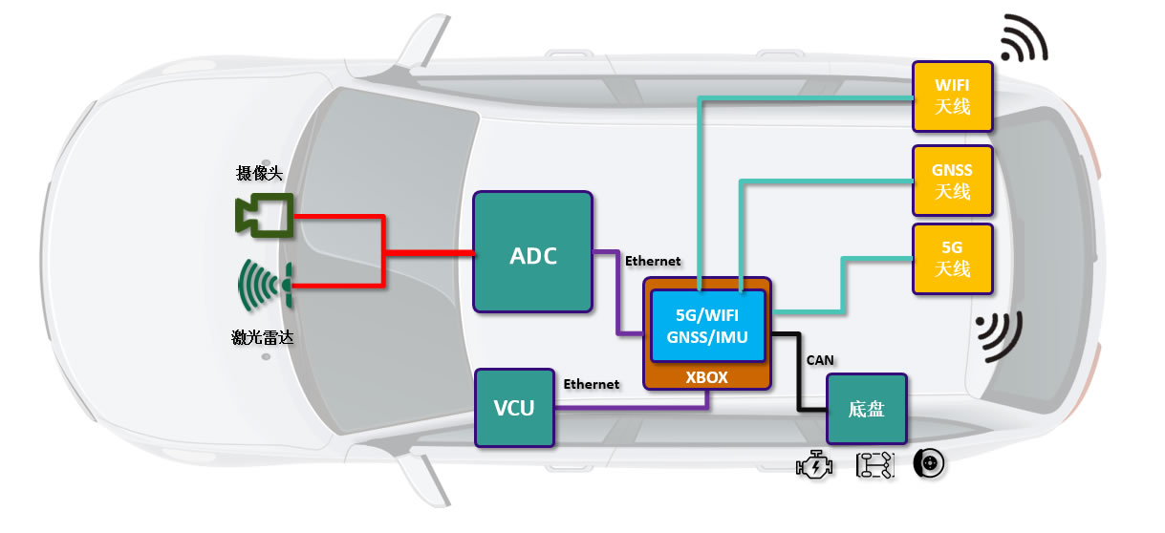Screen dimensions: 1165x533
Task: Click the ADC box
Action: click(533, 252)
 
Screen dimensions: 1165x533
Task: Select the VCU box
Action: click(514, 408)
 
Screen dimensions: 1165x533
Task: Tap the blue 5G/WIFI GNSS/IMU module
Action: click(707, 326)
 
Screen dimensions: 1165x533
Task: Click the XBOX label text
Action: click(706, 377)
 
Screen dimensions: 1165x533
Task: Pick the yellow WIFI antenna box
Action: click(953, 96)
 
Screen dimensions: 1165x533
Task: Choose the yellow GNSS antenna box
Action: click(953, 181)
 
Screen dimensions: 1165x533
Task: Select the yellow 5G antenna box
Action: click(953, 259)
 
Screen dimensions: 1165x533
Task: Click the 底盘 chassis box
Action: click(867, 409)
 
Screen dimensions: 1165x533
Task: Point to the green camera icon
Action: click(264, 215)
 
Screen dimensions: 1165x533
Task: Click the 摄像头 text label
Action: click(260, 173)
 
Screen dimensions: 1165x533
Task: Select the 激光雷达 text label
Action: click(262, 337)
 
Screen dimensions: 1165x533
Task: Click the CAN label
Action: click(820, 360)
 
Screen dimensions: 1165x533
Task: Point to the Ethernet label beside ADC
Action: click(653, 261)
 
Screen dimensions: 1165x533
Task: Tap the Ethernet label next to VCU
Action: click(592, 384)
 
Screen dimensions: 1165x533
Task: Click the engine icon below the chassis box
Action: click(814, 465)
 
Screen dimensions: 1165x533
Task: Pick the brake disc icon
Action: click(929, 463)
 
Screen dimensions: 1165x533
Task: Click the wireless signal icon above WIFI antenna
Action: click(1025, 38)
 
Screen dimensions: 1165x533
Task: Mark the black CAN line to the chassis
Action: click(798, 373)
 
